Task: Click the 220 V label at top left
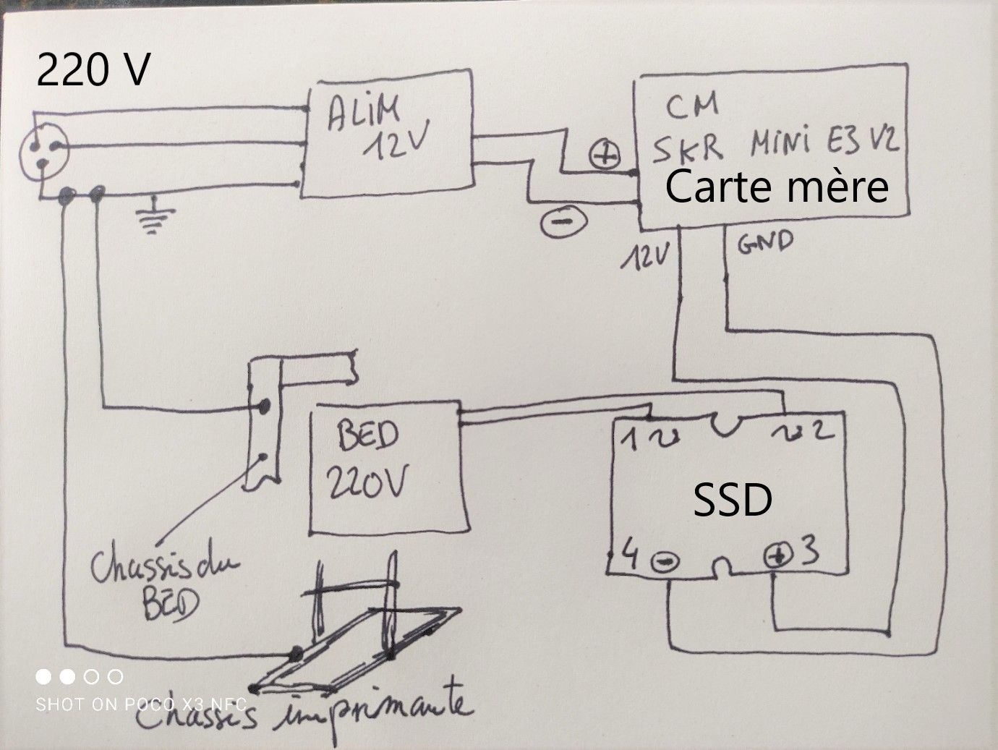(93, 71)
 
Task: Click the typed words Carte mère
(776, 187)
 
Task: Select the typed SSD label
(732, 500)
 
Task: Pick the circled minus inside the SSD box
(664, 561)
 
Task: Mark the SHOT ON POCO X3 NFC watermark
(141, 704)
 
